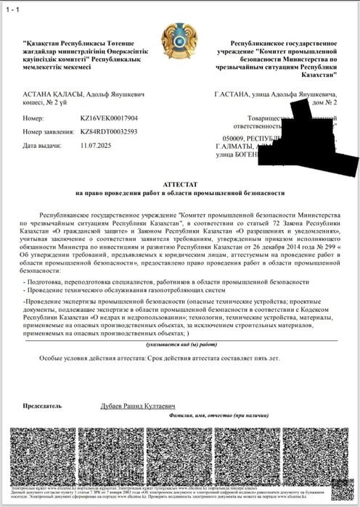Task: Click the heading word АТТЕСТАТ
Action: pos(179,185)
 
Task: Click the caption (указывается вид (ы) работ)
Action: pos(179,345)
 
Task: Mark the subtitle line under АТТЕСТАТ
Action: pos(179,194)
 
